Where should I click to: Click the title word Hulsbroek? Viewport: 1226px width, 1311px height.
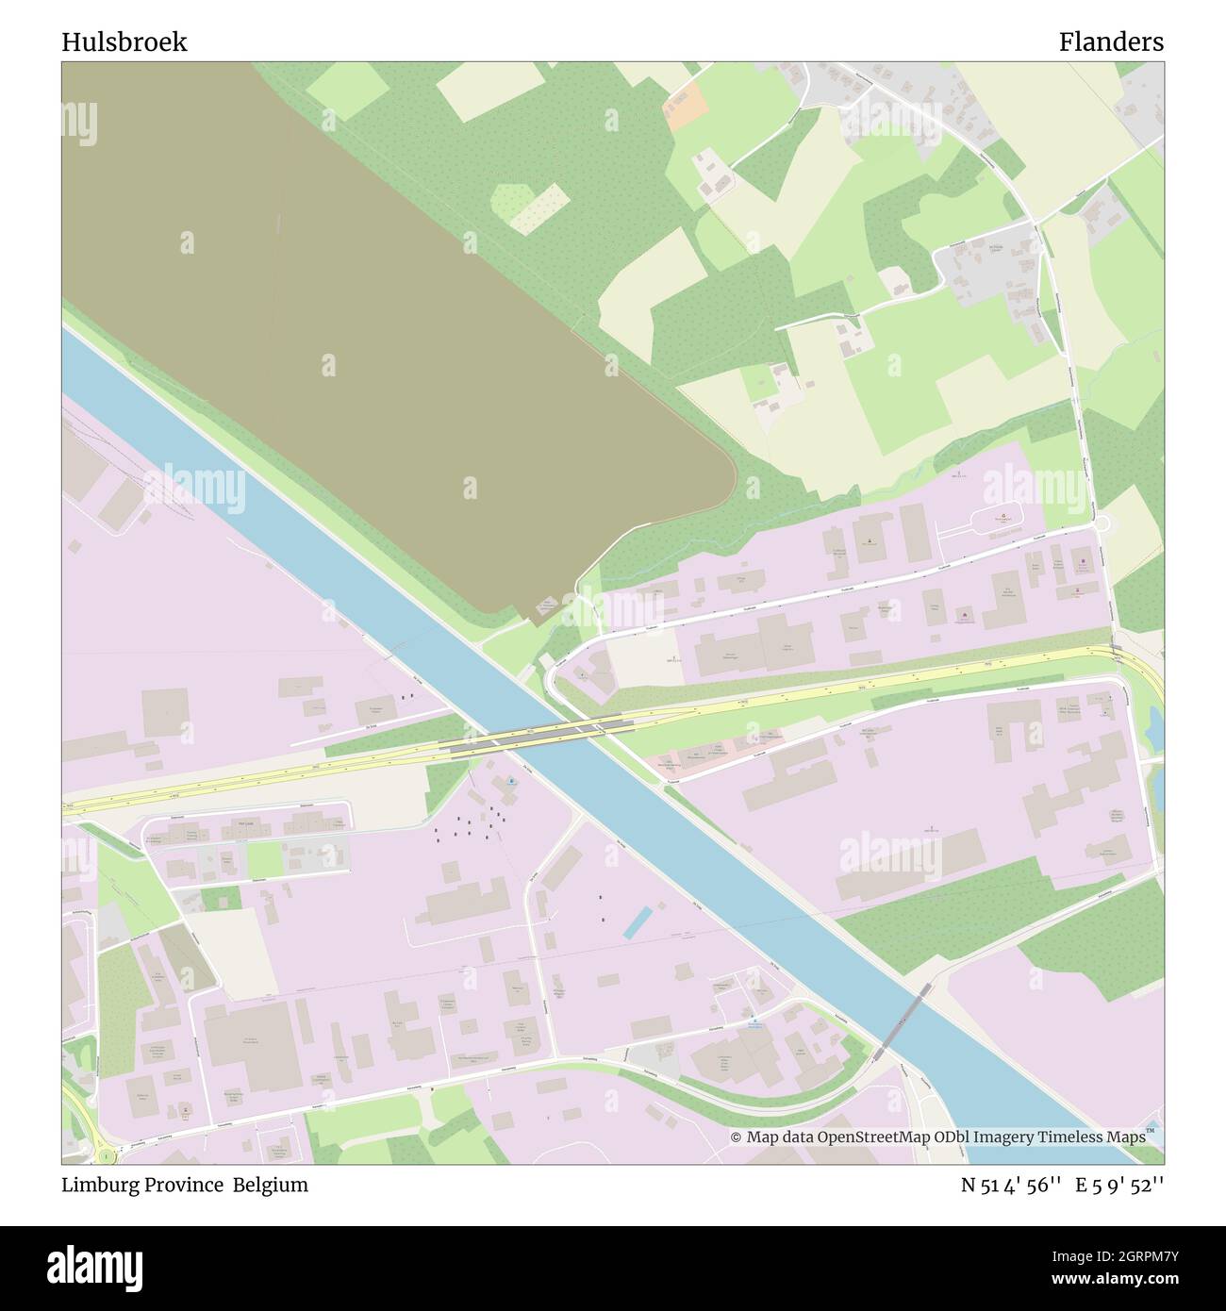tap(124, 42)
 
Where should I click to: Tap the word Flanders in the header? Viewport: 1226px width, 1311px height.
tap(1110, 42)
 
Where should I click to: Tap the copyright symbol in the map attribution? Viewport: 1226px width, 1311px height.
tap(737, 1137)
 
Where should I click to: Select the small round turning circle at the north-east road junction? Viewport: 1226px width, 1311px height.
tap(1102, 523)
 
